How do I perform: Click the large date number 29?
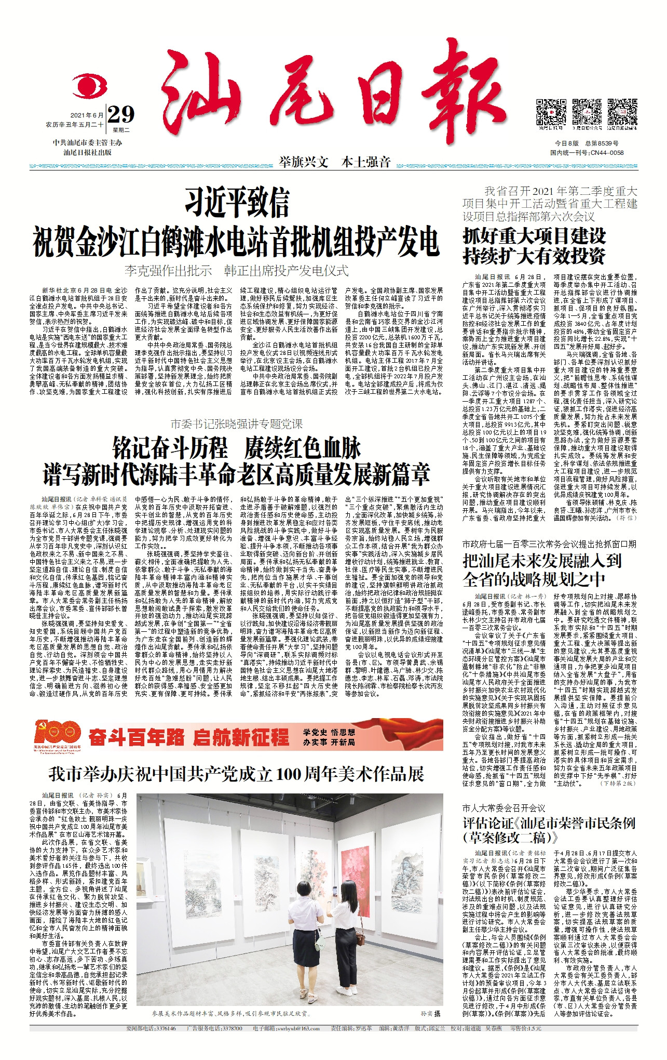[121, 114]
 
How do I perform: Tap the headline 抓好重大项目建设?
[534, 236]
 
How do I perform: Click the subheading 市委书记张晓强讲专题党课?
[237, 424]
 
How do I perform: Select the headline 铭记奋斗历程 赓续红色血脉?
[237, 448]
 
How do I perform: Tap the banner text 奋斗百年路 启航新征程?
[189, 737]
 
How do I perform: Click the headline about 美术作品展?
[237, 774]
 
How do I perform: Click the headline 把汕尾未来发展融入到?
[542, 561]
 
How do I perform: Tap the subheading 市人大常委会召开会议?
[503, 808]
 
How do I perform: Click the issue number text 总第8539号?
[602, 143]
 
